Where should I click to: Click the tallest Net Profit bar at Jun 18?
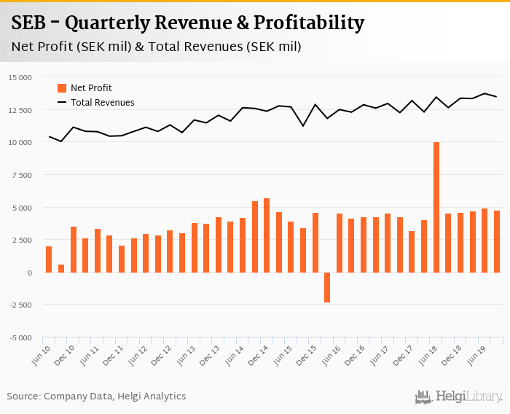pyautogui.click(x=436, y=207)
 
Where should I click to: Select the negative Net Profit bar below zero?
pyautogui.click(x=327, y=287)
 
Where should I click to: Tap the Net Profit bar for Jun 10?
pyautogui.click(x=49, y=259)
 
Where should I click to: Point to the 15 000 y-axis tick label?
pyautogui.click(x=20, y=77)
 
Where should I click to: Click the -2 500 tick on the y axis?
pyautogui.click(x=20, y=305)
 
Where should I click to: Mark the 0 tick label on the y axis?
pyautogui.click(x=30, y=273)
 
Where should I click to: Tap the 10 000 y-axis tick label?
pyautogui.click(x=20, y=142)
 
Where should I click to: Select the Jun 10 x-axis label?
pyautogui.click(x=42, y=355)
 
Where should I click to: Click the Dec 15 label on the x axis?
pyautogui.click(x=306, y=355)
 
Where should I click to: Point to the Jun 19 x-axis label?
pyautogui.click(x=475, y=355)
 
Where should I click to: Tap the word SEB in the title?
pyautogui.click(x=31, y=23)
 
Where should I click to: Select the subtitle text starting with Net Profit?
pyautogui.click(x=156, y=47)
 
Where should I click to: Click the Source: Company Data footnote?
pyautogui.click(x=96, y=397)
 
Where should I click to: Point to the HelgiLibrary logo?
pyautogui.click(x=458, y=397)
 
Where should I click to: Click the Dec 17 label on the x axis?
pyautogui.click(x=403, y=355)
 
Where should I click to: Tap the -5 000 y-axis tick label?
pyautogui.click(x=20, y=337)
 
